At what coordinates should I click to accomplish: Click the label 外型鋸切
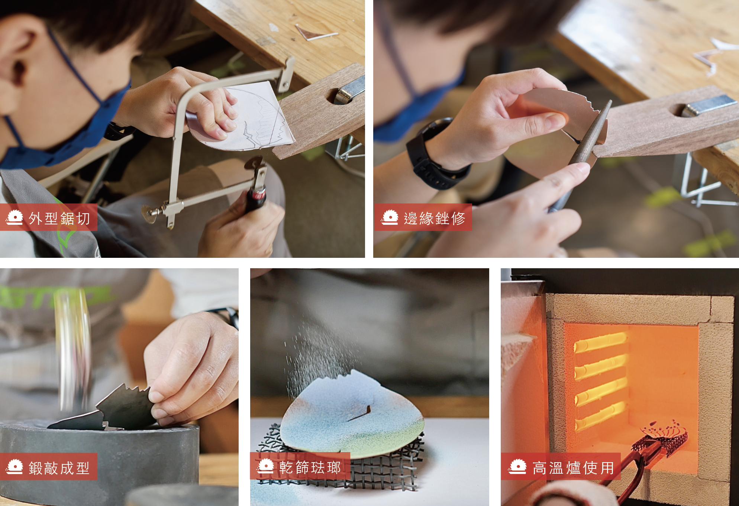[59, 218]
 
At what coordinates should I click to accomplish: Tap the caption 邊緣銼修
[435, 218]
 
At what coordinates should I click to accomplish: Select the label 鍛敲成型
[59, 468]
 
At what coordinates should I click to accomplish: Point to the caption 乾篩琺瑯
[310, 467]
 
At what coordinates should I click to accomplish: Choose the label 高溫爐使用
[573, 468]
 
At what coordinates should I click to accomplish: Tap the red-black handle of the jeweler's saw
[256, 199]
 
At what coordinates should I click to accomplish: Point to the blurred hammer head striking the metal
[73, 349]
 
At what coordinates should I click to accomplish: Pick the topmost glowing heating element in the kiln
[600, 342]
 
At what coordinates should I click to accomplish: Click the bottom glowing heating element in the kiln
[600, 416]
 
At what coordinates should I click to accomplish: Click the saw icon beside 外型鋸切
[15, 217]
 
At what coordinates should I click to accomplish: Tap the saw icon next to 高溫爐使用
[518, 467]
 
